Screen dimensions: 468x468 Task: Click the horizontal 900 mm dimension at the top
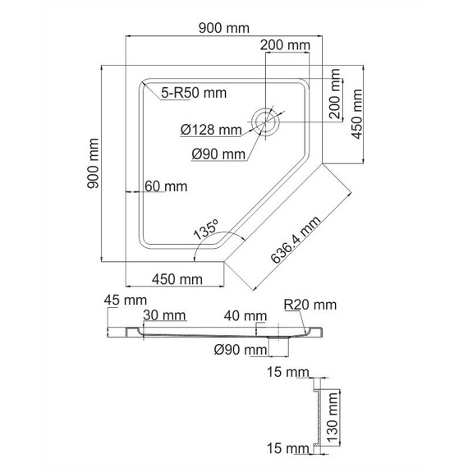(224, 28)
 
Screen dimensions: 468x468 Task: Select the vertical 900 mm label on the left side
(93, 163)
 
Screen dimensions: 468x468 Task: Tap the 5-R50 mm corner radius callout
(194, 93)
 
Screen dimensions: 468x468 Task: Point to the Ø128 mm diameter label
(211, 130)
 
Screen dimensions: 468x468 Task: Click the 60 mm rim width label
(166, 186)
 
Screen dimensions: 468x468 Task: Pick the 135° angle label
(207, 230)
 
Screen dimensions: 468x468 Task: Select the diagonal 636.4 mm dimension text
(296, 240)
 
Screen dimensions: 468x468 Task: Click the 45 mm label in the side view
(126, 300)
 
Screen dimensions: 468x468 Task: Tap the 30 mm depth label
(164, 315)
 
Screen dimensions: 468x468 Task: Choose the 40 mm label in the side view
(245, 316)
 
